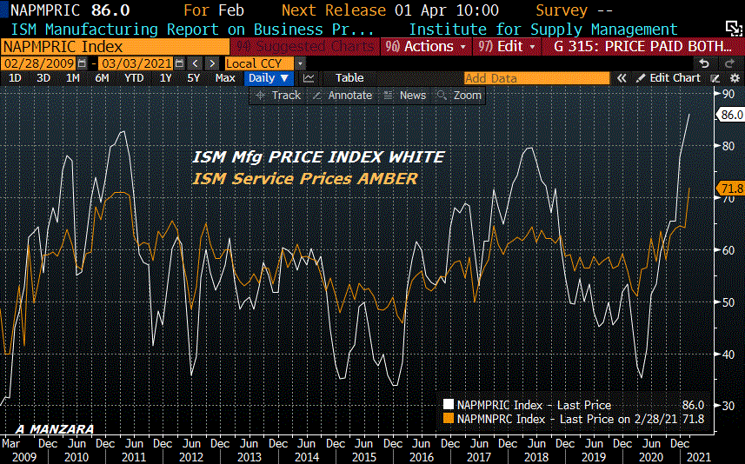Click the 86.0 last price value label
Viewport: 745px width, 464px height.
(728, 114)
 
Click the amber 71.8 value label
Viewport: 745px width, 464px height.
(728, 189)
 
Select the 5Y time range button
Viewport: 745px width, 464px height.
(193, 78)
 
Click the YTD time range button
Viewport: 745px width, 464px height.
(134, 78)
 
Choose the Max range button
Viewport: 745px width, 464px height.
(225, 78)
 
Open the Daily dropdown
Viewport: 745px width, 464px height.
(268, 78)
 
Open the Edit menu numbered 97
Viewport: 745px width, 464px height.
(503, 46)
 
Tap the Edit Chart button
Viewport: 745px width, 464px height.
(669, 78)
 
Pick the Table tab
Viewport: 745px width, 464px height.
(349, 78)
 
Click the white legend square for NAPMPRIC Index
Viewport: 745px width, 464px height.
(448, 405)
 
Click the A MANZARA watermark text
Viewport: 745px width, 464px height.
(54, 429)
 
